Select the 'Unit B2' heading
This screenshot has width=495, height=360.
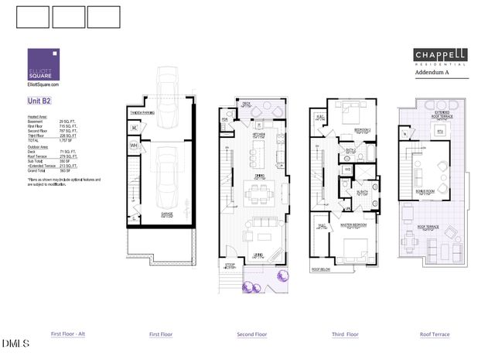pos(39,101)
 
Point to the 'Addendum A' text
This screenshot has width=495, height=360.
pos(432,72)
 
